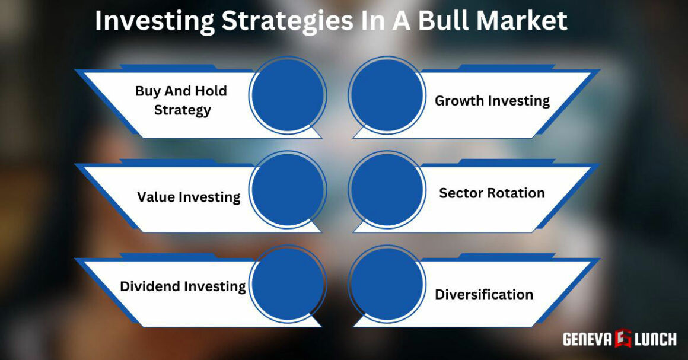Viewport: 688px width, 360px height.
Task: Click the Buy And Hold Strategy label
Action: coord(181,100)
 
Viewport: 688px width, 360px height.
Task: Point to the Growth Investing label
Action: coord(492,101)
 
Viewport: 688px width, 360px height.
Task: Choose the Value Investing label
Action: coord(189,197)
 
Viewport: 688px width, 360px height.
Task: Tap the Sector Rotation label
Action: coord(492,193)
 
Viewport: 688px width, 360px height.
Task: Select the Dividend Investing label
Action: coord(183,286)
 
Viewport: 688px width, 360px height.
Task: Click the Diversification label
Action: coord(484,294)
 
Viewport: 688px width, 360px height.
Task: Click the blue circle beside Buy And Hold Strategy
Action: coord(287,95)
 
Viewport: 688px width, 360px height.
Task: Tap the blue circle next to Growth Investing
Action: coord(387,95)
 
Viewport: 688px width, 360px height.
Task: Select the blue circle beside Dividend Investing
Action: coord(287,284)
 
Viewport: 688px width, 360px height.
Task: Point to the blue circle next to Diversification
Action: coord(387,284)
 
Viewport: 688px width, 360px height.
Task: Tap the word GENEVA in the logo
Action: coord(588,339)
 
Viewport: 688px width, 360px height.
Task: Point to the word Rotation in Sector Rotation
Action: coord(516,193)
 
